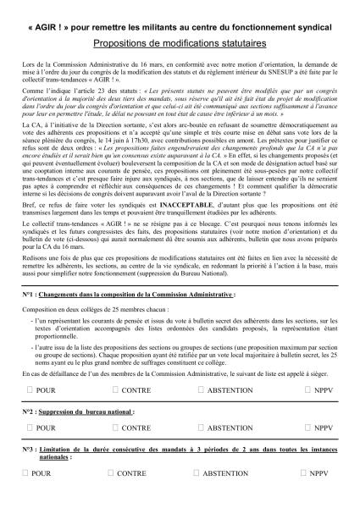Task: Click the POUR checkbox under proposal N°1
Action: click(x=30, y=390)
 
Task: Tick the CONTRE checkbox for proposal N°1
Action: click(x=114, y=390)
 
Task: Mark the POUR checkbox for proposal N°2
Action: click(x=30, y=429)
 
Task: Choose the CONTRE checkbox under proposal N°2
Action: click(x=114, y=429)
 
